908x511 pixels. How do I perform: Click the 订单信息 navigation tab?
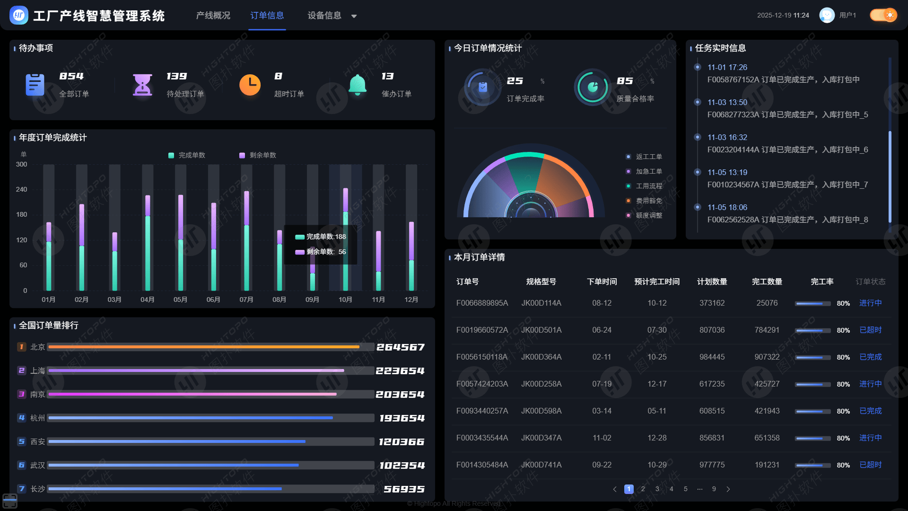[x=267, y=16]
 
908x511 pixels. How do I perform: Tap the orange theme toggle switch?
[x=883, y=15]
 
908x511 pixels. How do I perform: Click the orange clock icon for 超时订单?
[x=250, y=85]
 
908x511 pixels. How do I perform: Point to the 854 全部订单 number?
[x=71, y=76]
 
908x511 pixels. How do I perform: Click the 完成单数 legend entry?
[x=187, y=155]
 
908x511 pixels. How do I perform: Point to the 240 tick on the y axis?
[x=22, y=189]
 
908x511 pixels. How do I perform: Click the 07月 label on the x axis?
[x=246, y=300]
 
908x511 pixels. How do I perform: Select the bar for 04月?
[x=148, y=243]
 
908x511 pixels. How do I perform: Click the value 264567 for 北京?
[x=401, y=347]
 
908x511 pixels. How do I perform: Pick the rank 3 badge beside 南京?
[x=21, y=394]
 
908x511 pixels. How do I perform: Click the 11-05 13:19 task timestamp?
[x=727, y=172]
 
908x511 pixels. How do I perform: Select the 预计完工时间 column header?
[x=657, y=282]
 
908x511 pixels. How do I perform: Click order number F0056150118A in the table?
[x=482, y=357]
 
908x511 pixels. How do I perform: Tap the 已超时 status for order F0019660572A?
[x=871, y=330]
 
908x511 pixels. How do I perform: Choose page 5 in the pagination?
[x=686, y=489]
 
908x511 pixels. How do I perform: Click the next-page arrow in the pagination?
[x=728, y=489]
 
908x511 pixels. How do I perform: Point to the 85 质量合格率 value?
[x=625, y=81]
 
